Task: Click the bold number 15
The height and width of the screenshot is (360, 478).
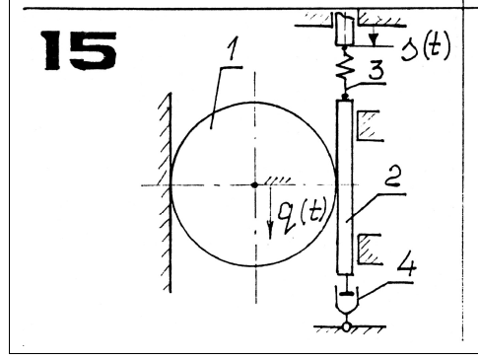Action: (79, 50)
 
